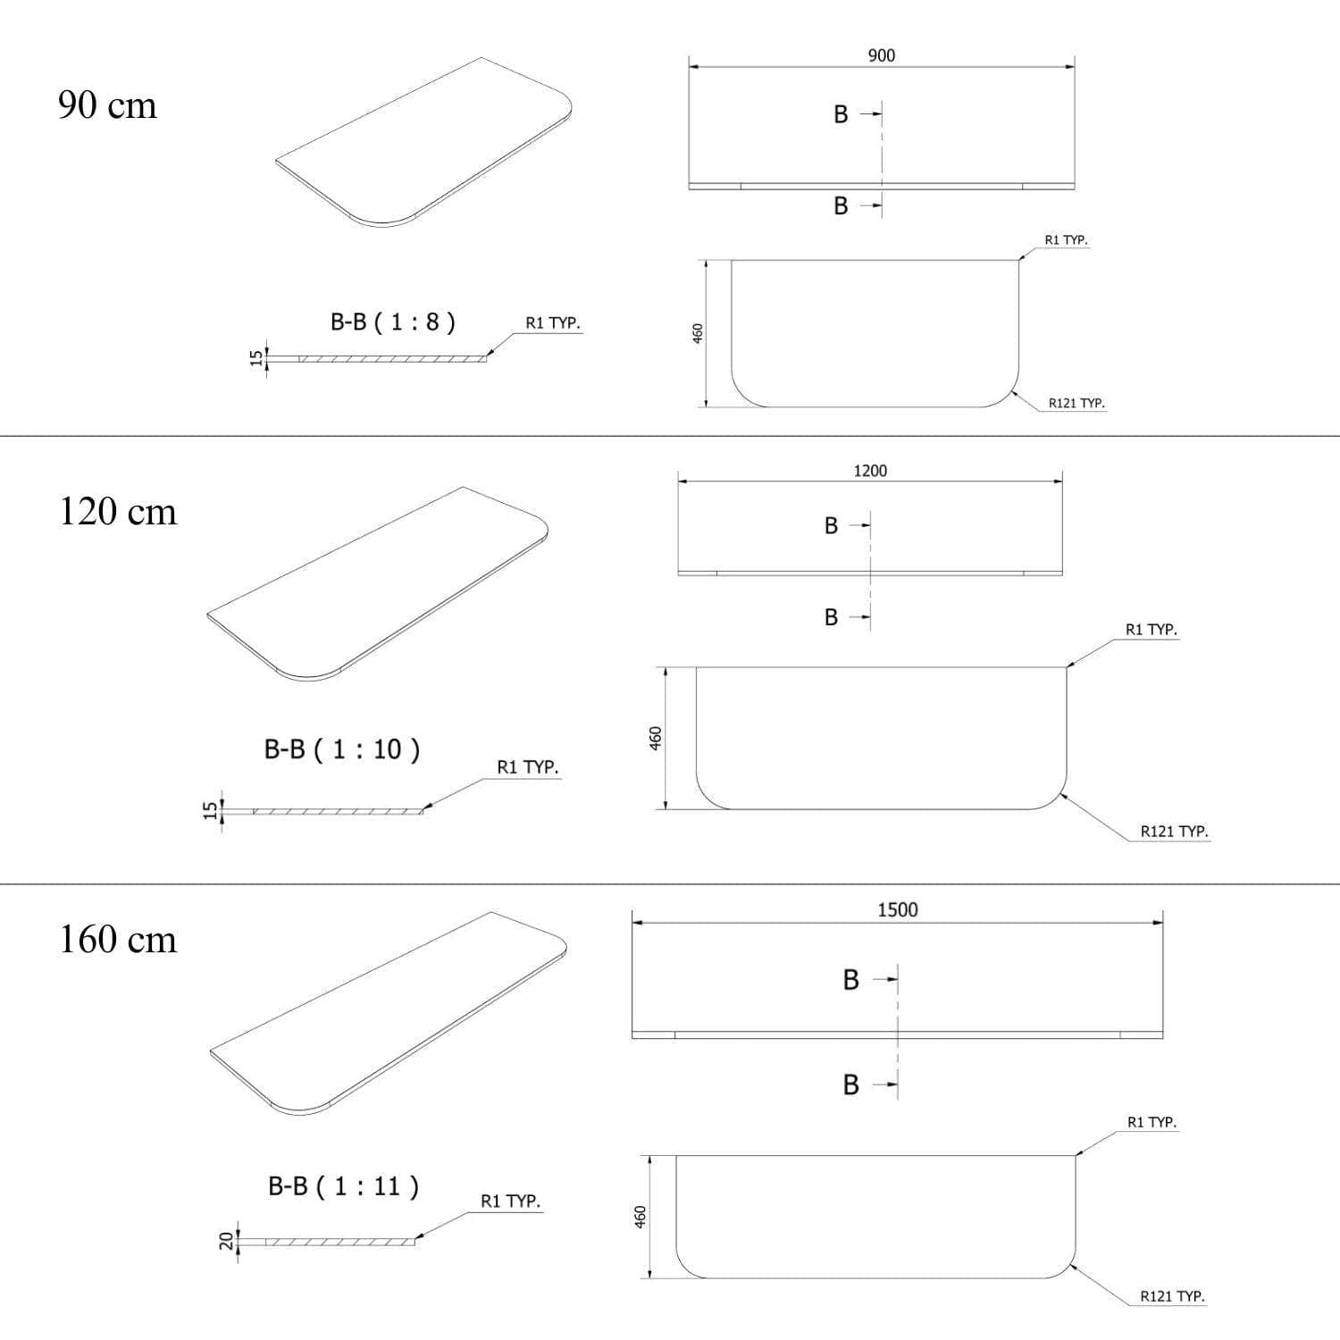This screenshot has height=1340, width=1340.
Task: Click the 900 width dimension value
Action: click(x=881, y=55)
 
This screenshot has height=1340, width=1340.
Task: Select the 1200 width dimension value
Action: click(x=870, y=471)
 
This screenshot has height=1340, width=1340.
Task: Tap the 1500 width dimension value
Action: click(x=897, y=909)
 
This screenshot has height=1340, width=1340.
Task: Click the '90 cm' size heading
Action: click(x=107, y=105)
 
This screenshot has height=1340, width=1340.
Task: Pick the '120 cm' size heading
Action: click(x=118, y=512)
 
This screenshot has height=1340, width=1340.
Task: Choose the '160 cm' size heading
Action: click(x=118, y=940)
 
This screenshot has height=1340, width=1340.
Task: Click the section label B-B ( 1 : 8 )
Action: click(x=393, y=322)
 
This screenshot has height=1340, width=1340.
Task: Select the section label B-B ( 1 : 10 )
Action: click(x=342, y=749)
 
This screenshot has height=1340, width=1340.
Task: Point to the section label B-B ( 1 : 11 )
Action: click(x=343, y=1186)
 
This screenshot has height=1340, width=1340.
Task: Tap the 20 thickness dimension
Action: click(x=227, y=1241)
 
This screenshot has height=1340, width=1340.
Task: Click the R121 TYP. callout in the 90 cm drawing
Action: click(x=1076, y=403)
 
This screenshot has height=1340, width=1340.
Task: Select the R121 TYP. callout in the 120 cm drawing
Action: click(x=1174, y=831)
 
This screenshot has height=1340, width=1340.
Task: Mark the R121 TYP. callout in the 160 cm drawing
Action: click(x=1172, y=1295)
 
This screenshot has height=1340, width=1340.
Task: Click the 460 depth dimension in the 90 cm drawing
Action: click(x=698, y=333)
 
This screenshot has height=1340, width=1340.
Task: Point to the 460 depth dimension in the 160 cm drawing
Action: click(x=640, y=1217)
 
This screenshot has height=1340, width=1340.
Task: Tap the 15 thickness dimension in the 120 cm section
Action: click(x=210, y=810)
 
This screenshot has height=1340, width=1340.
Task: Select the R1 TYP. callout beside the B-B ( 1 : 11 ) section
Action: click(x=511, y=1202)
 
